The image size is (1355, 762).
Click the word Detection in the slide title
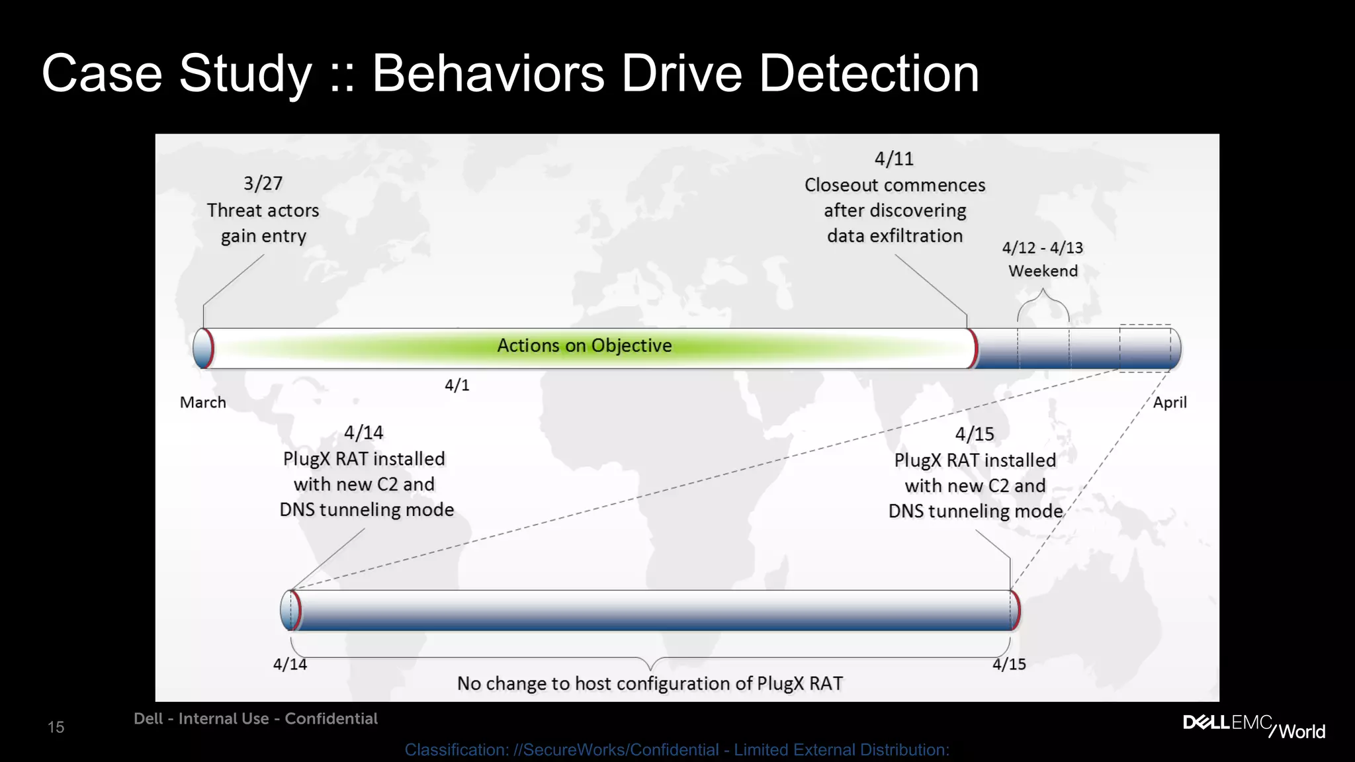868,74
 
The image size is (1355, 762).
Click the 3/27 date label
263,183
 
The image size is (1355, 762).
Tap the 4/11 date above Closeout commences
894,159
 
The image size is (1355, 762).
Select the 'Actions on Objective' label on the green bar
584,345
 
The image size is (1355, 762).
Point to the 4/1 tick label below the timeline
457,385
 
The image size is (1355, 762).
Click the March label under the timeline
203,402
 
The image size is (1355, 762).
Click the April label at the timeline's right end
1170,402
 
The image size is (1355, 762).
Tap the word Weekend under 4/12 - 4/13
1043,271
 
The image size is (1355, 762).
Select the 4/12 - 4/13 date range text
1042,248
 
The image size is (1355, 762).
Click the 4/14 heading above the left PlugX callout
363,433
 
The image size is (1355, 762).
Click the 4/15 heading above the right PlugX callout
975,434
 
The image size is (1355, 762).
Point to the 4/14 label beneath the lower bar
290,664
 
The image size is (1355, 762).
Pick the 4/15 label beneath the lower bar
1009,664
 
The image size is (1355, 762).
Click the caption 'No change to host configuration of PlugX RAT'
650,683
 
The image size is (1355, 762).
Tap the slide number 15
56,728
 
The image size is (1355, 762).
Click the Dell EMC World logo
1254,726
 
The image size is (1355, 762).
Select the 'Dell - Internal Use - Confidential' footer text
255,719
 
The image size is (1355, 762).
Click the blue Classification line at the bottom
677,750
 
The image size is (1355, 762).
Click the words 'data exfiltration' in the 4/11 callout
895,236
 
